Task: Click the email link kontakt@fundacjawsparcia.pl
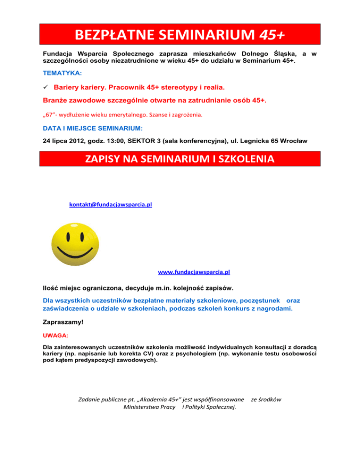point(110,205)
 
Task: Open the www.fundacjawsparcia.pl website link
point(194,271)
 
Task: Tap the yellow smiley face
point(75,242)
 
